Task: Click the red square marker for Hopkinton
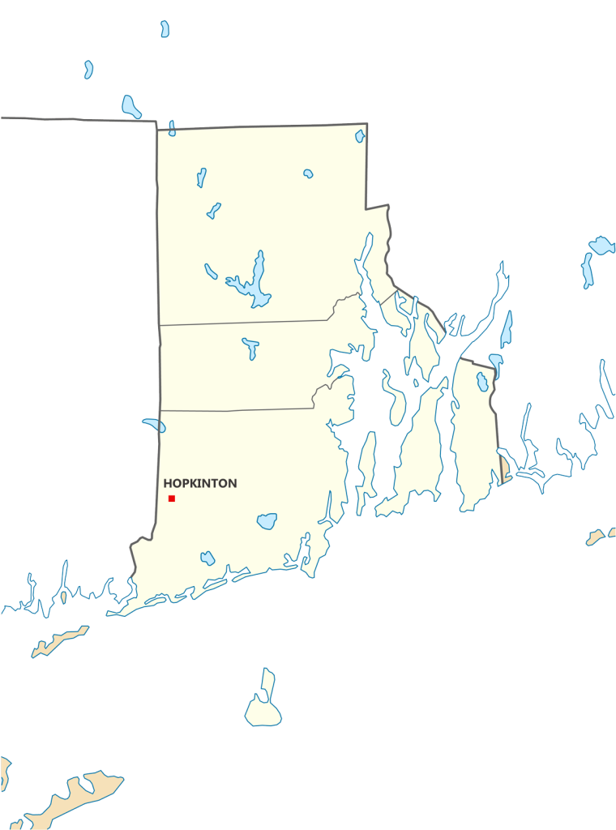pyautogui.click(x=172, y=498)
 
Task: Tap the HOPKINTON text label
pyautogui.click(x=200, y=483)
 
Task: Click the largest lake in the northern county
pyautogui.click(x=255, y=284)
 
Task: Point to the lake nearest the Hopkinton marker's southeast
pyautogui.click(x=267, y=520)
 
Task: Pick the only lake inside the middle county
pyautogui.click(x=250, y=348)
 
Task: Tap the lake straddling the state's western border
pyautogui.click(x=153, y=424)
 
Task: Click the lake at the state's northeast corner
pyautogui.click(x=360, y=136)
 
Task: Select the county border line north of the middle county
pyautogui.click(x=243, y=322)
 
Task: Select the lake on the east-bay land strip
pyautogui.click(x=481, y=383)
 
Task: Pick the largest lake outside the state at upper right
pyautogui.click(x=601, y=244)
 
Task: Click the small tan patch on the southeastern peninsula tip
pyautogui.click(x=503, y=470)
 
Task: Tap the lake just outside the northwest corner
pyautogui.click(x=130, y=106)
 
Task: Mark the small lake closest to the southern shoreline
pyautogui.click(x=207, y=558)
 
